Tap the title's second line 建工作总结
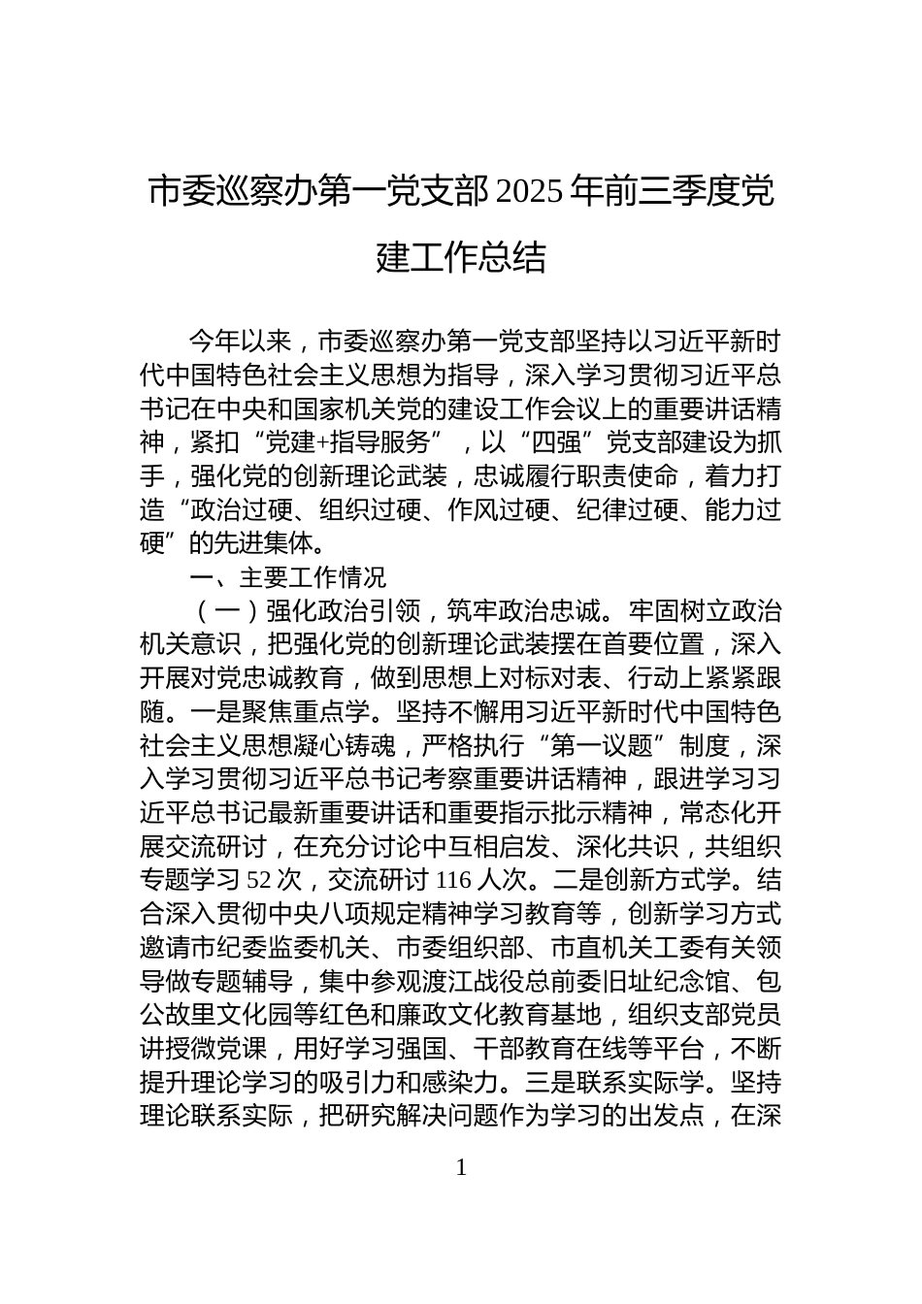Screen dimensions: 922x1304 click(x=461, y=258)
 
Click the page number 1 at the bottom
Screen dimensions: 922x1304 click(x=461, y=1168)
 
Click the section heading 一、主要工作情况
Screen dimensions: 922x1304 click(x=287, y=578)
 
